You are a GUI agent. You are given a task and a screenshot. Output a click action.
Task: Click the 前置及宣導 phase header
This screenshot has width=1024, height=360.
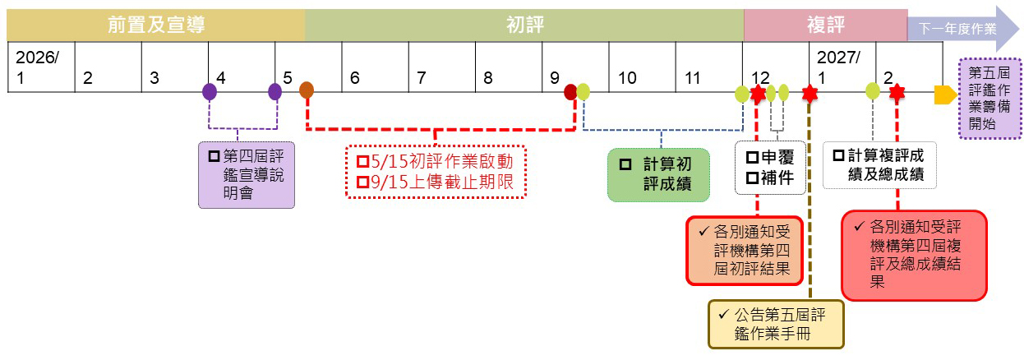tap(155, 25)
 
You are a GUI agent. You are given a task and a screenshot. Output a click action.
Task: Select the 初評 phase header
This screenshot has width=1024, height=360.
tap(524, 25)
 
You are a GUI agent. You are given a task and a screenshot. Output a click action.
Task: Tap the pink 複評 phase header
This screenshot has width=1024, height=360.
tap(825, 25)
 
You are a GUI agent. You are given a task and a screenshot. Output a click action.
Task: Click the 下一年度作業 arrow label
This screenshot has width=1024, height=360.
tap(957, 28)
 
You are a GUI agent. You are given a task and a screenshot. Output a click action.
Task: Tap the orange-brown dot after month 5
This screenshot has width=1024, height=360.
tap(307, 90)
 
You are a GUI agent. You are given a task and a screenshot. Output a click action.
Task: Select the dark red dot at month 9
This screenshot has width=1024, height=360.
tap(570, 91)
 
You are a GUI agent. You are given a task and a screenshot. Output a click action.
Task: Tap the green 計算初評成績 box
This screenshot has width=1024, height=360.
tap(659, 173)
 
